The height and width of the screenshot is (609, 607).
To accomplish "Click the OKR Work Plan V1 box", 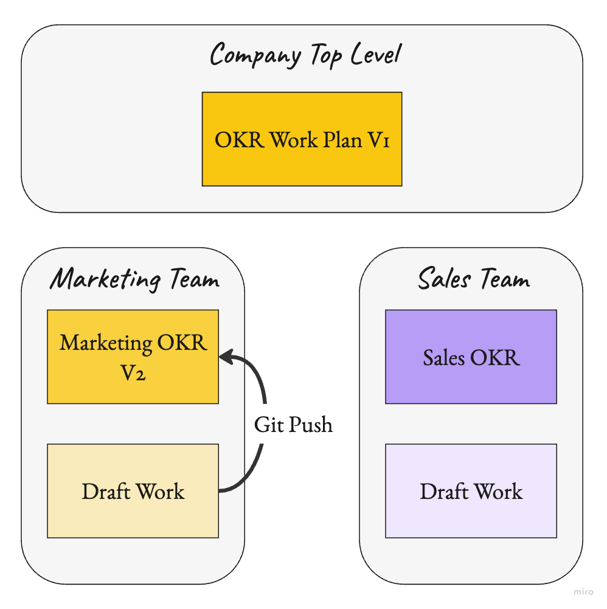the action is pos(302,139).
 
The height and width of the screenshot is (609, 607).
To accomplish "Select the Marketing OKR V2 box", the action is pos(133,357).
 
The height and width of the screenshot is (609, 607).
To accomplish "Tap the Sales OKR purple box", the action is pos(471,357).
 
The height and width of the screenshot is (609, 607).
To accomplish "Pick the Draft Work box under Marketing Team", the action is pos(133,490).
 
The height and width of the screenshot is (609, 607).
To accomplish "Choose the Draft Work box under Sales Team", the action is pos(471,490).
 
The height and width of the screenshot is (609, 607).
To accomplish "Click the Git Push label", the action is pos(293,424).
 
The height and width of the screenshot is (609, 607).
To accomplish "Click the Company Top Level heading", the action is pos(306,55).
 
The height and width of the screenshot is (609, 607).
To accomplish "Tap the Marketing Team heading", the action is pos(134,279).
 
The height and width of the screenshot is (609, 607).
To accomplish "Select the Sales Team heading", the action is pos(474,278).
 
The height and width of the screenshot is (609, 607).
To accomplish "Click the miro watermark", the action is pos(583,591).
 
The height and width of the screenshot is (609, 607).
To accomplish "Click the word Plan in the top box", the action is pos(342,139).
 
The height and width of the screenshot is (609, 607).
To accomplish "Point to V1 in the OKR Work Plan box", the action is pos(378,140).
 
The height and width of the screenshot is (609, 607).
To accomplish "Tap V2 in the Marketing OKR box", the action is pos(133,373).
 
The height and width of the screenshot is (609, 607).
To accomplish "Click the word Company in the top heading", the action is pos(255,55).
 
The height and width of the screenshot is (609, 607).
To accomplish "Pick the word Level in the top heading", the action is pos(376,54).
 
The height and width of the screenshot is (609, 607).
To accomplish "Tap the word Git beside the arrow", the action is pos(269,424).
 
